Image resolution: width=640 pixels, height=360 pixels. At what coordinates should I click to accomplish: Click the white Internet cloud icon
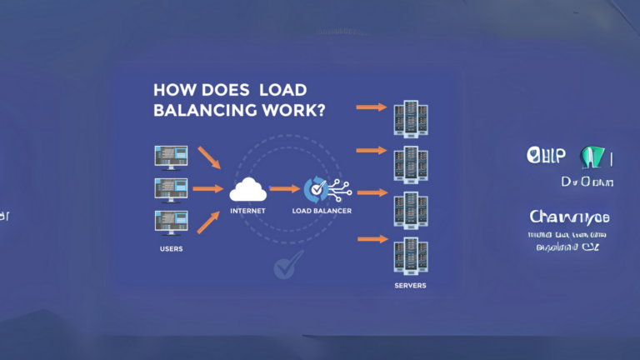point(247,190)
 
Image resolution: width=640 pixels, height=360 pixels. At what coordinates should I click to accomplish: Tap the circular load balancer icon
point(316,189)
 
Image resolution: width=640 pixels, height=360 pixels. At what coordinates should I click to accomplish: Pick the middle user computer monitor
point(171,189)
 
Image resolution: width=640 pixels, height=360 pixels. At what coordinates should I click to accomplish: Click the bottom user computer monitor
point(171,222)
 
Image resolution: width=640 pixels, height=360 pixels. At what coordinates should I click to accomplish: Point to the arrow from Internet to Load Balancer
point(284,190)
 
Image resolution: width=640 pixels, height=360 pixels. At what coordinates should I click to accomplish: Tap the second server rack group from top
point(410,163)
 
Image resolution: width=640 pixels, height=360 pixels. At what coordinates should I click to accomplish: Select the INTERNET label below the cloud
point(247,211)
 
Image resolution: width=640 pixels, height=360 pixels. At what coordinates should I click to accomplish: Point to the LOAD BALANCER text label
point(322,211)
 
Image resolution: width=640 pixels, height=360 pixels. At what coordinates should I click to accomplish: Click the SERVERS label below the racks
point(410,285)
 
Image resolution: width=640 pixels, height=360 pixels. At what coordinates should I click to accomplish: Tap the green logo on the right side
point(592,157)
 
